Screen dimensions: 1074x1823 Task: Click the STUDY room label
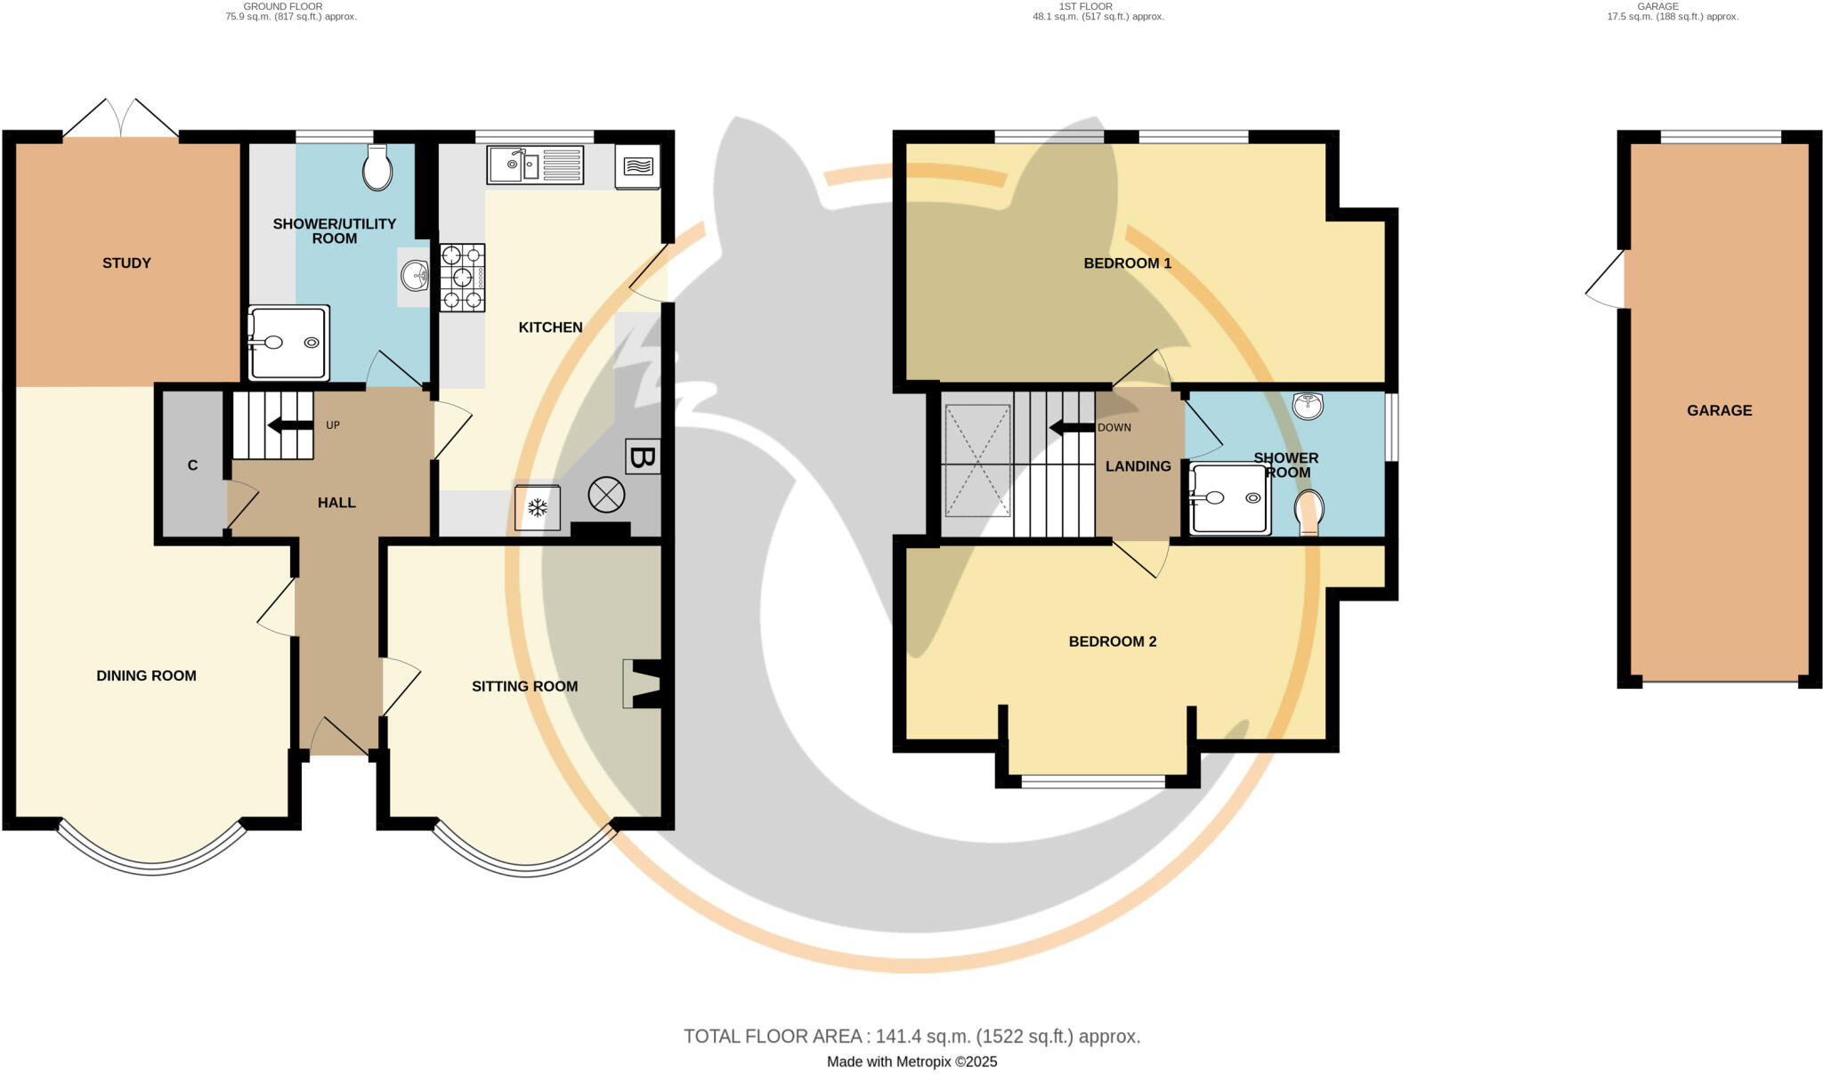coord(126,262)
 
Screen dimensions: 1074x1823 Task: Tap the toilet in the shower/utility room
coord(377,168)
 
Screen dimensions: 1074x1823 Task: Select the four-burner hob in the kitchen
coord(462,278)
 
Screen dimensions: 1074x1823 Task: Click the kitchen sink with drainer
coord(534,166)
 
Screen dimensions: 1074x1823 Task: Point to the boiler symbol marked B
coord(643,457)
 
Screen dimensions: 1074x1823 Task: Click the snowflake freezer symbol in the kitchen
coord(538,508)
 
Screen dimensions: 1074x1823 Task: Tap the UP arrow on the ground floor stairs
coord(290,425)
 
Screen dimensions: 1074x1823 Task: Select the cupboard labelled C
coord(192,465)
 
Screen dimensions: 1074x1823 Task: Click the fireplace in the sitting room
coord(643,683)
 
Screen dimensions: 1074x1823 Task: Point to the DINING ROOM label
coord(146,675)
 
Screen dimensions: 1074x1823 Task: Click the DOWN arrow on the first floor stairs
coord(1073,428)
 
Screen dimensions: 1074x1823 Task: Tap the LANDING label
coord(1138,466)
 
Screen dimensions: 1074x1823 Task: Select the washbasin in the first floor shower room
coord(1308,406)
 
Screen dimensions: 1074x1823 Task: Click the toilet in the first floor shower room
coord(1309,513)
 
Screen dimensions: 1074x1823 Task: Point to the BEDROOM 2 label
coord(1112,642)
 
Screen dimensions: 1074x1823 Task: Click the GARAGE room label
coord(1719,410)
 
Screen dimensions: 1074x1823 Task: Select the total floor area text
coord(911,1037)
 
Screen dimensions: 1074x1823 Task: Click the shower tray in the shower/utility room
coord(289,343)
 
